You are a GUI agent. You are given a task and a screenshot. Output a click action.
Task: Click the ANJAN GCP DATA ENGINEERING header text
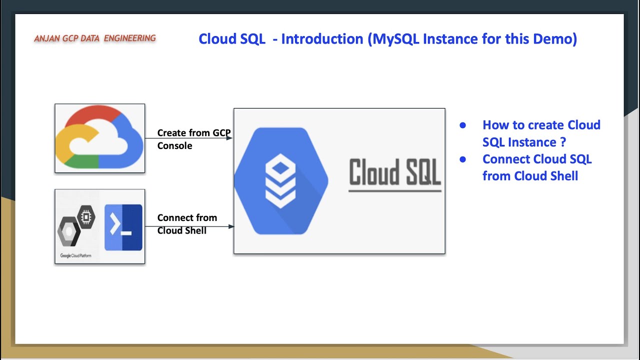pyautogui.click(x=95, y=38)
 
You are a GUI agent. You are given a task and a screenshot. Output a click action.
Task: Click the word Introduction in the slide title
pyautogui.click(x=322, y=39)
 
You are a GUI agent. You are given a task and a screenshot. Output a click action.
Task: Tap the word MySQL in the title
pyautogui.click(x=396, y=39)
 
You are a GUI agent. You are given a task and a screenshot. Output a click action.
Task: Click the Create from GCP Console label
pyautogui.click(x=193, y=139)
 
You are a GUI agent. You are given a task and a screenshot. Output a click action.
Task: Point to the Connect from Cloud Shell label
pyautogui.click(x=186, y=224)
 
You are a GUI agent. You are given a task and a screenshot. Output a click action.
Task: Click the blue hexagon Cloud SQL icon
pyautogui.click(x=281, y=181)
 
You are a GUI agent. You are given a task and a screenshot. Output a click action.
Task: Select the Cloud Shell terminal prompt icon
pyautogui.click(x=123, y=227)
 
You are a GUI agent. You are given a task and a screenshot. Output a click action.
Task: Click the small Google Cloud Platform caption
pyautogui.click(x=75, y=255)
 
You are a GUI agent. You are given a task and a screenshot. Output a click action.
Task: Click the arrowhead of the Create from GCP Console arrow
pyautogui.click(x=230, y=138)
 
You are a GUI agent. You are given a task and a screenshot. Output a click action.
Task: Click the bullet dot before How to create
pyautogui.click(x=462, y=125)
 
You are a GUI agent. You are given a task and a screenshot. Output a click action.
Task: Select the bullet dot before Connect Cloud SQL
pyautogui.click(x=462, y=159)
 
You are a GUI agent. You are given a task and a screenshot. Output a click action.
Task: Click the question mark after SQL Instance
pyautogui.click(x=563, y=142)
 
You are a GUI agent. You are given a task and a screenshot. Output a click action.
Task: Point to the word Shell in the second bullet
pyautogui.click(x=564, y=176)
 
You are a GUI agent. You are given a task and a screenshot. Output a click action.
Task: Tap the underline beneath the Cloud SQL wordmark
pyautogui.click(x=394, y=190)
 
